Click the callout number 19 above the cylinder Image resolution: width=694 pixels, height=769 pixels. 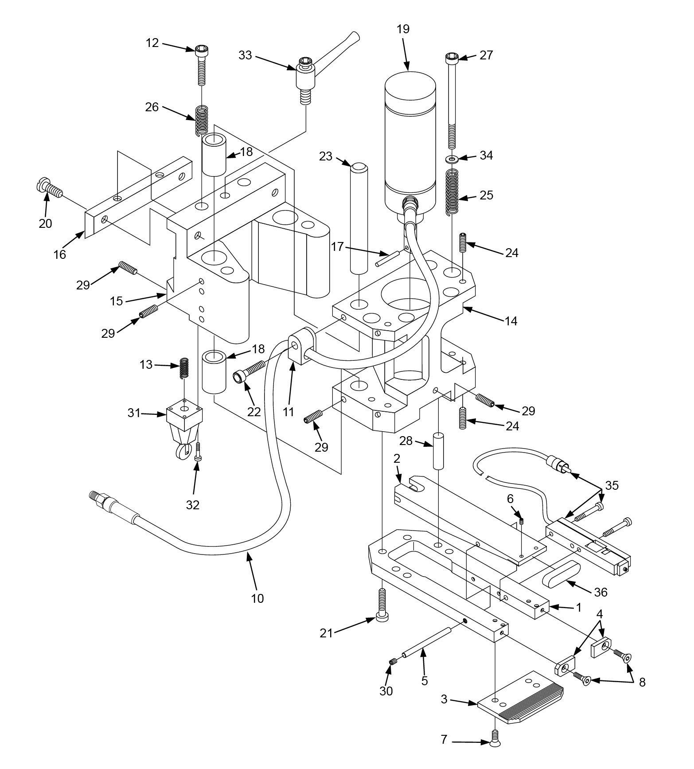403,30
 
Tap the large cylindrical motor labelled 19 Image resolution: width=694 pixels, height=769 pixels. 409,142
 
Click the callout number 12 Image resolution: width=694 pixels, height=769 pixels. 152,43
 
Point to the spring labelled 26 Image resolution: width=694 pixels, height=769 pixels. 202,121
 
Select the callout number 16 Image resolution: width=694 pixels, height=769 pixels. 60,254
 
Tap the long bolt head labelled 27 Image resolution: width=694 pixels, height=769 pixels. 452,57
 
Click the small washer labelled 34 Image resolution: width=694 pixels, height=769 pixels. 451,158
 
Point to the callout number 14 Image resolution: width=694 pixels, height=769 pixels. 511,321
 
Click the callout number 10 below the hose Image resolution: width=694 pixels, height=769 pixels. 257,598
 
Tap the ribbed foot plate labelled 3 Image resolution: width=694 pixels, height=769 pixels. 519,700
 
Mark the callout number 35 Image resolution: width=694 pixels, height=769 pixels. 612,485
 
